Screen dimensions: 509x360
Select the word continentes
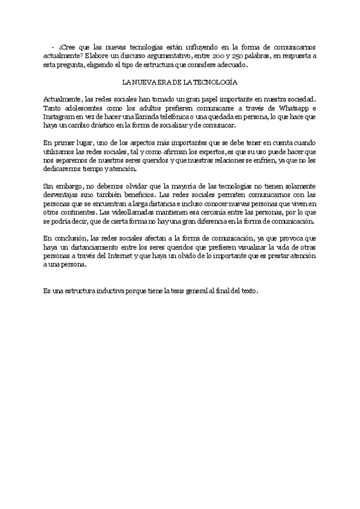click(x=76, y=213)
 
